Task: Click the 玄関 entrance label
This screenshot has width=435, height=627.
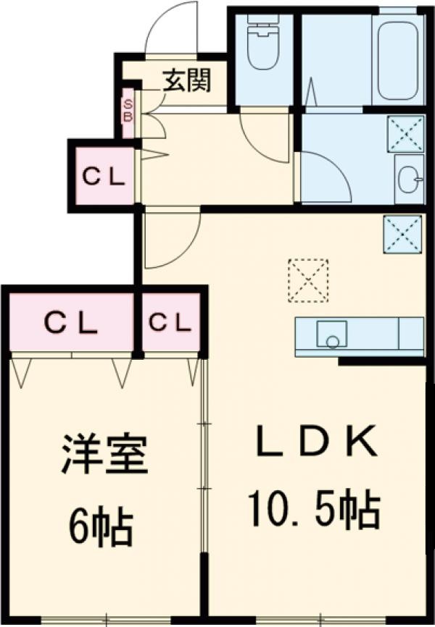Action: point(186,81)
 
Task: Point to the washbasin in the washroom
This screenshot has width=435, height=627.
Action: point(410,179)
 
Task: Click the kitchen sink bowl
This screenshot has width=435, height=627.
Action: point(332,334)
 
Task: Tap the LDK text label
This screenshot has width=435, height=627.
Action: point(316,442)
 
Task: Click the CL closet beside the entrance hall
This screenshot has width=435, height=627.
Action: point(104,177)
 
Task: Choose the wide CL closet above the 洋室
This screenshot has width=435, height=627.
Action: point(71,323)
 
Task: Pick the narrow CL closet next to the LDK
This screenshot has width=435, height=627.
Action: point(170,322)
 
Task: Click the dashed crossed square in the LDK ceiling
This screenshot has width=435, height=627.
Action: point(308,281)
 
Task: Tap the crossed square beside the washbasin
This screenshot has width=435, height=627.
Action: point(405,134)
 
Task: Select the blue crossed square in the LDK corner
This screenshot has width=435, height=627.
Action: point(402,234)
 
